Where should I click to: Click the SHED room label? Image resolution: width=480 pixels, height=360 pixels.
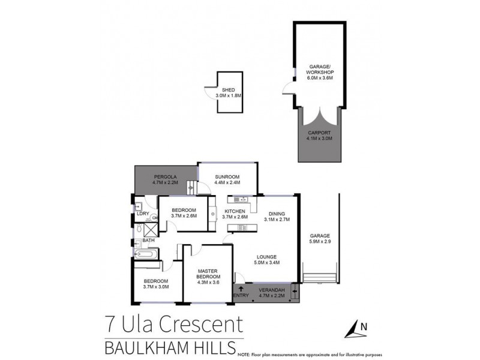coord(228,90)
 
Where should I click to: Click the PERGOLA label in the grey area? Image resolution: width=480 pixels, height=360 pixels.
coord(163,177)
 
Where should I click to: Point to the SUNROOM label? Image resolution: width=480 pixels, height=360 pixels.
coord(227,177)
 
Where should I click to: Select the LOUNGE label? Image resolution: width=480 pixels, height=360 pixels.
coord(268,257)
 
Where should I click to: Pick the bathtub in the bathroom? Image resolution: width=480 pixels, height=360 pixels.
coord(146,254)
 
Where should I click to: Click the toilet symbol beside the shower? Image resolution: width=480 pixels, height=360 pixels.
coord(139,228)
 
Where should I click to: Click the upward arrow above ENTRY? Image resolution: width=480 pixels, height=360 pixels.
coord(241,289)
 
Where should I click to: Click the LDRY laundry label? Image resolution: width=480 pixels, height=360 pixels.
coord(143,214)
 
